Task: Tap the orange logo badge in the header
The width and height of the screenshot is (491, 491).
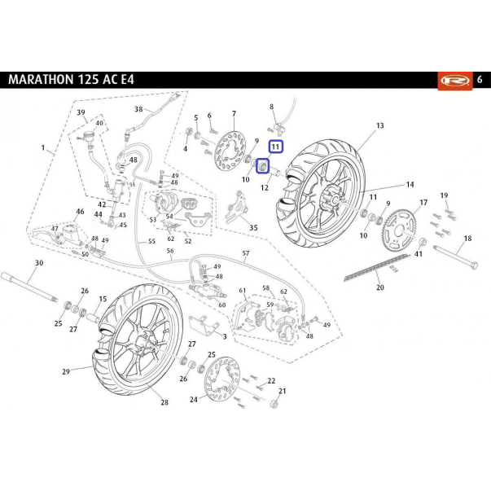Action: (x=455, y=81)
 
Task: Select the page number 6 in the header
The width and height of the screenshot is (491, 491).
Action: (x=480, y=80)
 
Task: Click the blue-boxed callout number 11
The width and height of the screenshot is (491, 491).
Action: (x=275, y=147)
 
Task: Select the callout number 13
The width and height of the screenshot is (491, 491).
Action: (x=379, y=125)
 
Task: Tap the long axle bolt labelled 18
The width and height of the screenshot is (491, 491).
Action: (x=456, y=256)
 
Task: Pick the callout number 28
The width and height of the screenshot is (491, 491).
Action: (x=164, y=402)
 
